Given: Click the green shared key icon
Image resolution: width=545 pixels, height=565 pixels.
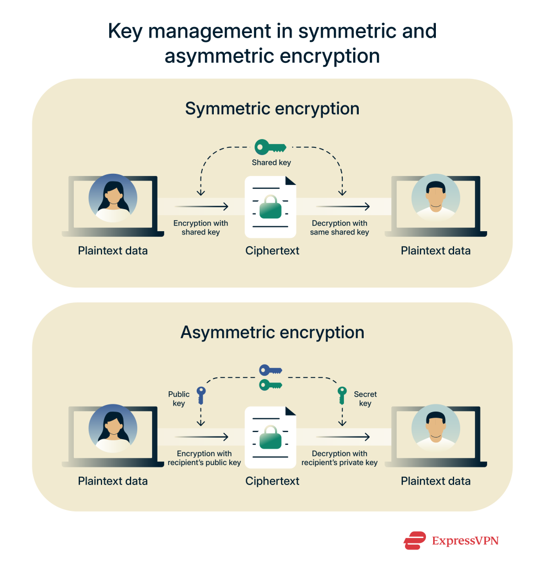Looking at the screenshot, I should pos(270,147).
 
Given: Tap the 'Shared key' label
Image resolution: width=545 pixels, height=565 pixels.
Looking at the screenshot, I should pos(271,163).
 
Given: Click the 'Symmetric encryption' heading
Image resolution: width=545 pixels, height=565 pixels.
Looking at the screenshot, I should pos(272,109).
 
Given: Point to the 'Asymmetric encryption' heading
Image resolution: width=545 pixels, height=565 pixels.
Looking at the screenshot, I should pos(272,333).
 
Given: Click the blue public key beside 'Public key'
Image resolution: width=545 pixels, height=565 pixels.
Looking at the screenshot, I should pos(201,396).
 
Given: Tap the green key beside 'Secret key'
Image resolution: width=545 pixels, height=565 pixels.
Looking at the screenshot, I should pos(342,396).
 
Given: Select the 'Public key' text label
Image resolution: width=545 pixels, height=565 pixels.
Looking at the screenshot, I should pos(179,398).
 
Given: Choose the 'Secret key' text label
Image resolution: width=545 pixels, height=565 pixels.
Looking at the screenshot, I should pos(365,398).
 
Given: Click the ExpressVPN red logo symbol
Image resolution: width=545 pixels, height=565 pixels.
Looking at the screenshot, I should pos(414,540).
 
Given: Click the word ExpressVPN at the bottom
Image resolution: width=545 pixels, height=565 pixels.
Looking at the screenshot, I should pos(465,541).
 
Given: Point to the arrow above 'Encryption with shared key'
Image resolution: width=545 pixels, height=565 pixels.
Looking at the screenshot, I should pos(201,207).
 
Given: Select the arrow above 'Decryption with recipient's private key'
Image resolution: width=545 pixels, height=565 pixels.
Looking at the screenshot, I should pos(342,437).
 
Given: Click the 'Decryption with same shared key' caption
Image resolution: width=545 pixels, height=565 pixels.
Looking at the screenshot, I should pos(340,228).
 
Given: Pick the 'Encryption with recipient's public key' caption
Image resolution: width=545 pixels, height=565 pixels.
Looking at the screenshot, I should pos(204,458).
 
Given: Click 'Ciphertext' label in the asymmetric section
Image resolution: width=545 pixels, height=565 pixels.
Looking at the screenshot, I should pos(272,481).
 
